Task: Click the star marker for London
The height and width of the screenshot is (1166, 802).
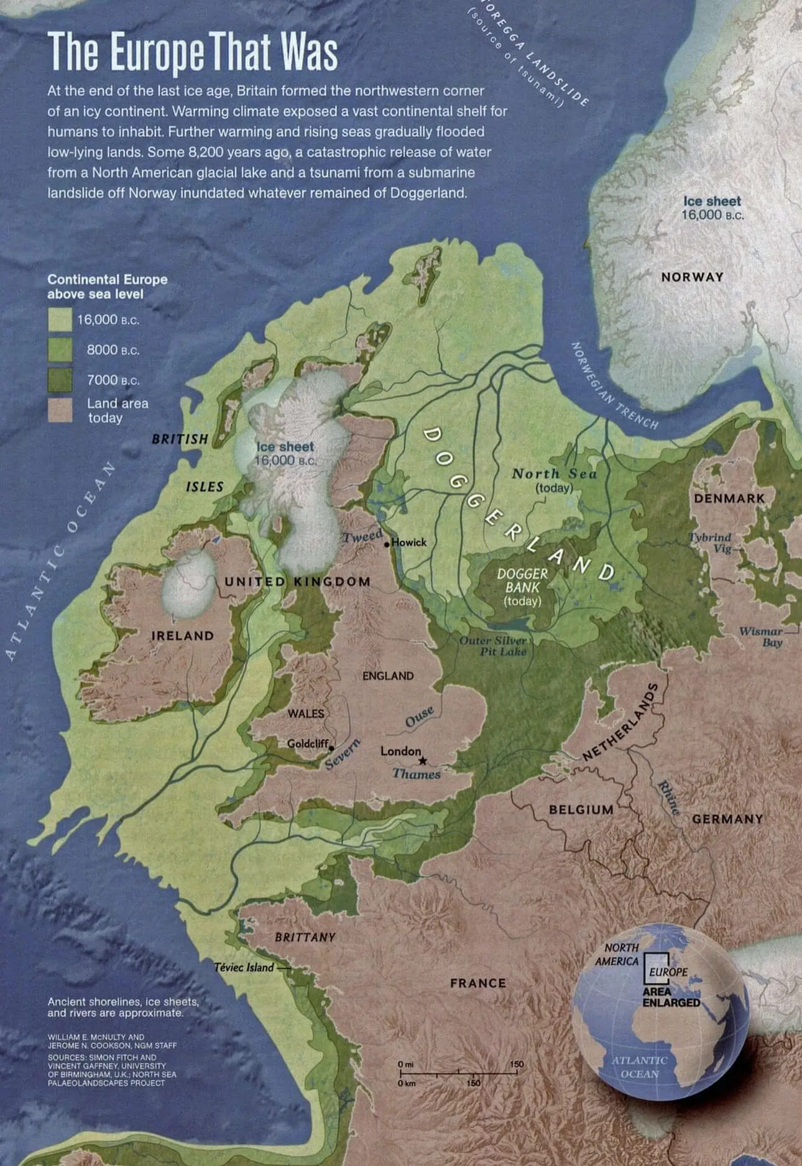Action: click(x=423, y=761)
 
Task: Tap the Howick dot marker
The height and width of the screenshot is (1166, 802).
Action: click(x=387, y=544)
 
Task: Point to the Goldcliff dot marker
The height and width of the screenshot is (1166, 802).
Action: click(x=331, y=748)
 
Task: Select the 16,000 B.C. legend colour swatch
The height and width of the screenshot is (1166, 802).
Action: click(x=60, y=319)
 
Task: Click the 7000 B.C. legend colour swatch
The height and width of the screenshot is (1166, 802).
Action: click(x=60, y=380)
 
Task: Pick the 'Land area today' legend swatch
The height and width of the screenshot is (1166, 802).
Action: click(x=60, y=410)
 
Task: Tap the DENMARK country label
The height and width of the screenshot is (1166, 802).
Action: click(x=729, y=498)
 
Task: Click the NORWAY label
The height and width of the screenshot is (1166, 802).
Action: click(x=692, y=277)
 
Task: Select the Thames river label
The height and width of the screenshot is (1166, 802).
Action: click(x=416, y=774)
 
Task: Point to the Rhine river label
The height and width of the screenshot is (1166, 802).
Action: click(x=669, y=796)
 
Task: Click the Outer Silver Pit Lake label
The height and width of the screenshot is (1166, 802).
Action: click(x=494, y=646)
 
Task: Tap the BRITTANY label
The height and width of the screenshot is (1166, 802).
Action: click(x=305, y=937)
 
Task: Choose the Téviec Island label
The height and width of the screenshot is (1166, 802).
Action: click(x=244, y=967)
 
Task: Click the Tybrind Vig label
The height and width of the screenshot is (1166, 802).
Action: click(x=711, y=543)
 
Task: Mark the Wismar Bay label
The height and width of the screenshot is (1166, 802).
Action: click(x=761, y=636)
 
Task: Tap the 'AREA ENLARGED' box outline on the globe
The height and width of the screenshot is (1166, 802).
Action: click(x=656, y=968)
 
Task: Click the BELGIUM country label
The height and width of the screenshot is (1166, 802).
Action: click(x=581, y=810)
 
